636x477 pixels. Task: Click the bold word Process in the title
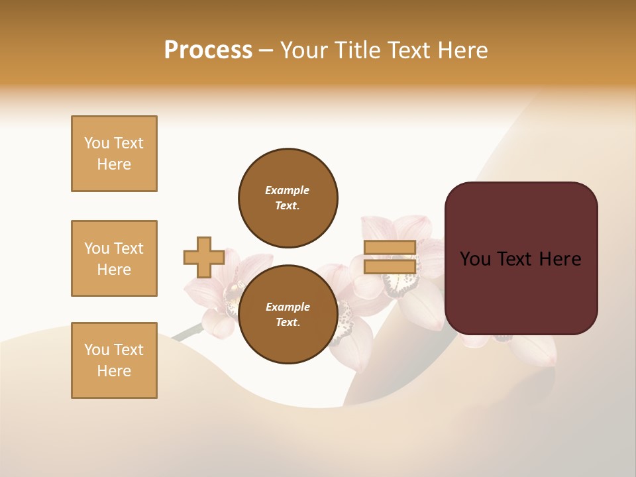pyautogui.click(x=208, y=50)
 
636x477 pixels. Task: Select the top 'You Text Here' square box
pyautogui.click(x=114, y=154)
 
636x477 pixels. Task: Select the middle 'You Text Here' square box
pyautogui.click(x=114, y=258)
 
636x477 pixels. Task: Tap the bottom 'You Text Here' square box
pyautogui.click(x=114, y=360)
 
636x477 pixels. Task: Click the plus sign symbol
pyautogui.click(x=203, y=258)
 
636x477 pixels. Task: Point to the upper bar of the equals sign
pyautogui.click(x=390, y=248)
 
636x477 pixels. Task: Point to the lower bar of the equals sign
pyautogui.click(x=390, y=267)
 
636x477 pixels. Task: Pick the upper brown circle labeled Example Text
pyautogui.click(x=288, y=197)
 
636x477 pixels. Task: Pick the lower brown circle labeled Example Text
pyautogui.click(x=288, y=314)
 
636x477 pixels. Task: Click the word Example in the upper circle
pyautogui.click(x=288, y=190)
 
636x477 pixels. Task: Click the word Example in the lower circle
pyautogui.click(x=288, y=307)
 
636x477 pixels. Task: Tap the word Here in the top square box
pyautogui.click(x=114, y=164)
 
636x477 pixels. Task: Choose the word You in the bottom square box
pyautogui.click(x=97, y=350)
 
